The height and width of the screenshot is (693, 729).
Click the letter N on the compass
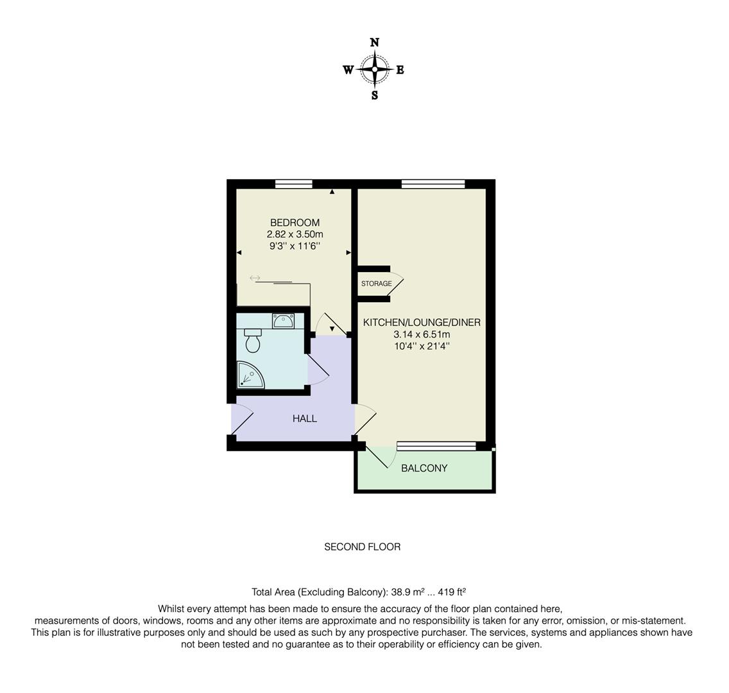click(375, 42)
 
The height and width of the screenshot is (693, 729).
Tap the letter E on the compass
click(400, 70)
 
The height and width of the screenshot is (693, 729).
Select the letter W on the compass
click(348, 70)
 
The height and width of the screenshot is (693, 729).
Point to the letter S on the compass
click(375, 96)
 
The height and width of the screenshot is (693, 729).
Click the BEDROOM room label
click(295, 223)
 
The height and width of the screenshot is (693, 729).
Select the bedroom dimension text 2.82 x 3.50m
click(295, 234)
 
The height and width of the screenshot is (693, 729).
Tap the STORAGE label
click(376, 284)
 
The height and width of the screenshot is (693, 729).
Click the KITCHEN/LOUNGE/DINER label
click(422, 323)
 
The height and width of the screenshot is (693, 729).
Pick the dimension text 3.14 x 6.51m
click(422, 334)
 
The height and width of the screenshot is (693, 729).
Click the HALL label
click(305, 418)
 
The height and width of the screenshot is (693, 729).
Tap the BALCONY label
click(424, 468)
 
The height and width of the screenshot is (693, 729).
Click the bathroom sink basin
click(283, 321)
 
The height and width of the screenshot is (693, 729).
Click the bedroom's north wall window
click(294, 184)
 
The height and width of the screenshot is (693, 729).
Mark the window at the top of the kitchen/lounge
click(433, 184)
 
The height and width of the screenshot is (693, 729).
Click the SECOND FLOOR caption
click(362, 547)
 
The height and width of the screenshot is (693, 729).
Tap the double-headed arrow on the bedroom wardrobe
click(255, 278)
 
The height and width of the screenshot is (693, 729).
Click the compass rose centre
click(375, 69)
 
